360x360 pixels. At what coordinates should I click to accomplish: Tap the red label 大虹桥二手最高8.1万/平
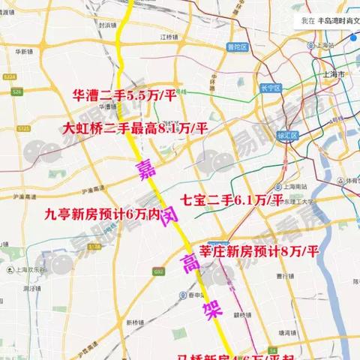(x=137, y=128)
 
